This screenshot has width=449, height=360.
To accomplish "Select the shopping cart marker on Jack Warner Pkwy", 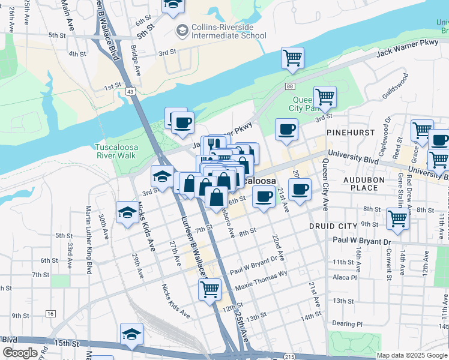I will pyautogui.click(x=292, y=58).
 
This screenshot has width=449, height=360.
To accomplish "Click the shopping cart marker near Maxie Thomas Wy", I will pyautogui.click(x=209, y=289).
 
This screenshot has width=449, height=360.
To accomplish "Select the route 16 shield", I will pyautogui.click(x=50, y=314).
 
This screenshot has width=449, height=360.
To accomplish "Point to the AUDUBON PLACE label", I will pyautogui.click(x=360, y=184).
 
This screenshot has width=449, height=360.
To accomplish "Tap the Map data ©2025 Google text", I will pyautogui.click(x=411, y=355).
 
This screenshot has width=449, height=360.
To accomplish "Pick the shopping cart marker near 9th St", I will pyautogui.click(x=397, y=219).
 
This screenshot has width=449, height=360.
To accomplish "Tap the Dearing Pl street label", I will pyautogui.click(x=348, y=323).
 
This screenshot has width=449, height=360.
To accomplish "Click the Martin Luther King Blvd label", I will pyautogui.click(x=89, y=237).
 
